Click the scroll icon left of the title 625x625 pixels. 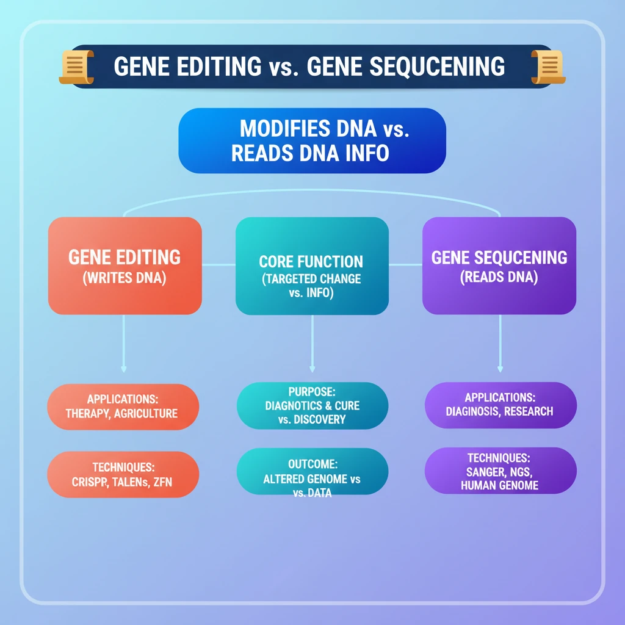pyautogui.click(x=76, y=67)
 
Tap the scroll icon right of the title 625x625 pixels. pyautogui.click(x=547, y=67)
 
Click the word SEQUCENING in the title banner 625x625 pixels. pyautogui.click(x=406, y=67)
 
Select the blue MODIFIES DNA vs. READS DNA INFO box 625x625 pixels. pyautogui.click(x=312, y=140)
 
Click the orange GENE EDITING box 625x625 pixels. pyautogui.click(x=125, y=266)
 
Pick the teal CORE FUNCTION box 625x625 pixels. pyautogui.click(x=312, y=266)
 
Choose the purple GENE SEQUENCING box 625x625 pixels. pyautogui.click(x=499, y=266)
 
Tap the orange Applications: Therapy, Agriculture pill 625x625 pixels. pyautogui.click(x=123, y=406)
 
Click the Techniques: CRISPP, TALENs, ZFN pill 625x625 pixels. pyautogui.click(x=123, y=474)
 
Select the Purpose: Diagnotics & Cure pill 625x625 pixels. pyautogui.click(x=312, y=405)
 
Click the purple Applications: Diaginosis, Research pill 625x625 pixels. pyautogui.click(x=499, y=404)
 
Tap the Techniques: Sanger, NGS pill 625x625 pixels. pyautogui.click(x=499, y=471)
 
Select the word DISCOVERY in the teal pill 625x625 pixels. pyautogui.click(x=320, y=419)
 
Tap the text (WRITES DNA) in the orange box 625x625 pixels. pyautogui.click(x=125, y=278)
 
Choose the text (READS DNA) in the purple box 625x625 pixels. pyautogui.click(x=499, y=276)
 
